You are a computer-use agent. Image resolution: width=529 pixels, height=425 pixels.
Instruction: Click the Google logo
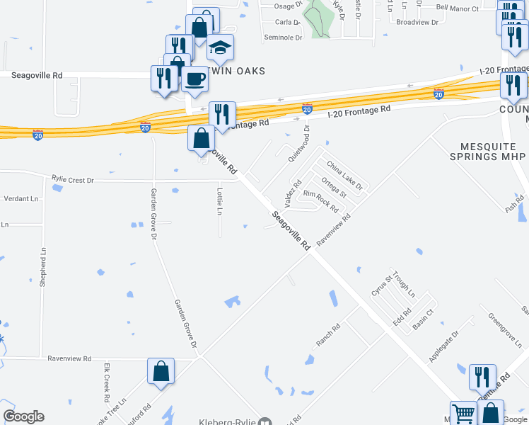(23, 416)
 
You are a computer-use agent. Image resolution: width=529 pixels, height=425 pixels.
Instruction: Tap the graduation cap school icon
(221, 47)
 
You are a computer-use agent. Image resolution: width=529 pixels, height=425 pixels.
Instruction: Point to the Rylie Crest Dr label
(72, 180)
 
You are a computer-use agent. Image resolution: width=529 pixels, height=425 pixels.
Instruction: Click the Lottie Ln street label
(220, 201)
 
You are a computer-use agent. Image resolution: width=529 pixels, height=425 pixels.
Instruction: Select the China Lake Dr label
(344, 176)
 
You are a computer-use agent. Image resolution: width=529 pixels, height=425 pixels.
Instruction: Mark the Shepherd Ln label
(43, 267)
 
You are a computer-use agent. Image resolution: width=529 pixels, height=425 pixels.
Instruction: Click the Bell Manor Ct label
(458, 8)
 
